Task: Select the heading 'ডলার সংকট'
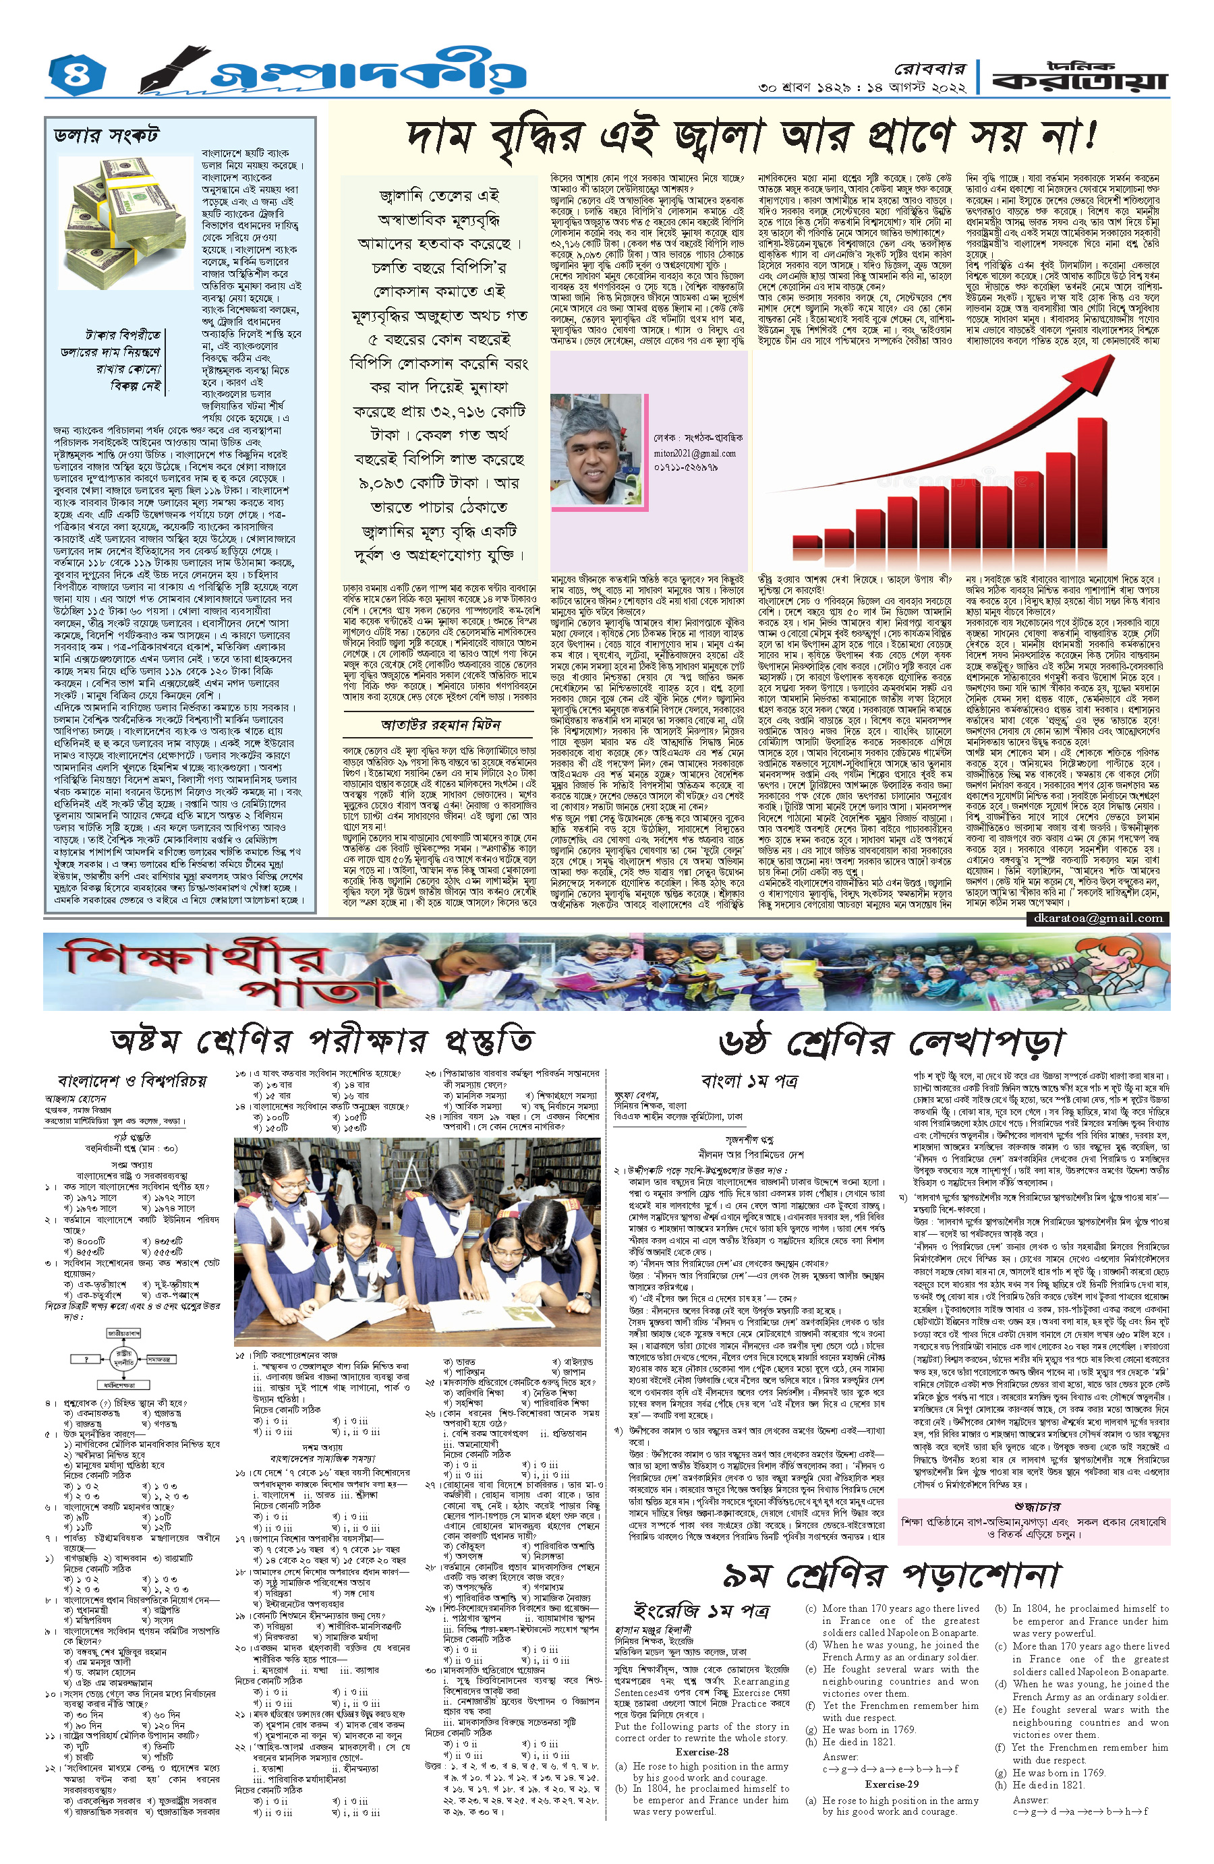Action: point(107,136)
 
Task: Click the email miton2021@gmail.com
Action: point(695,453)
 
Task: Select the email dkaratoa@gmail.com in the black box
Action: point(1097,918)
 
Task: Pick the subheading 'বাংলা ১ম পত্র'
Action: point(749,1081)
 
